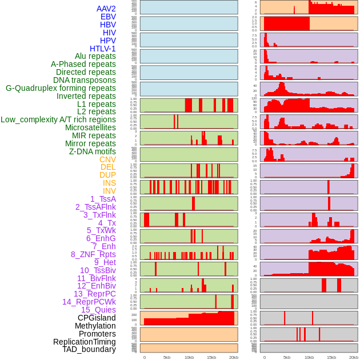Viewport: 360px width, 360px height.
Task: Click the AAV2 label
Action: coord(106,9)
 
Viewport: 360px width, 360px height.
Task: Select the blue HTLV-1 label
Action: coord(103,49)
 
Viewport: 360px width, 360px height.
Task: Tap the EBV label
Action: coord(108,17)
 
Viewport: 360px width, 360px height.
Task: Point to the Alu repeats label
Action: coord(95,56)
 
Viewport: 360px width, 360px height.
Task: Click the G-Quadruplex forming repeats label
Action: coord(61,88)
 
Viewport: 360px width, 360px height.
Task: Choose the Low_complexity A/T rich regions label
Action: coord(58,119)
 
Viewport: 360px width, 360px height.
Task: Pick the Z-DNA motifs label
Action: coord(93,151)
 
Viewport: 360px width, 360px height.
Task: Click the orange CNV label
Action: coord(107,159)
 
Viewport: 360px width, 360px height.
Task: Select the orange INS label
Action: coord(109,183)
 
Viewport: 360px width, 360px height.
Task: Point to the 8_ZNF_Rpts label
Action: coord(93,254)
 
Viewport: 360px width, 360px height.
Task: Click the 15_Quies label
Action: coord(98,310)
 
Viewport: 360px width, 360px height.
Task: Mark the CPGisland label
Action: coord(97,318)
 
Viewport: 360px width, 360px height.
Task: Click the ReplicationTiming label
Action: coord(85,342)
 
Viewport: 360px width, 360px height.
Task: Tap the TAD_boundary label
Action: coord(89,349)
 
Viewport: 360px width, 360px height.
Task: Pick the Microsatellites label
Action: coord(90,127)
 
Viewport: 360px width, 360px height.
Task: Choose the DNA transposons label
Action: coord(85,80)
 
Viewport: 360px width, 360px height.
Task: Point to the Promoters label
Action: coord(97,334)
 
